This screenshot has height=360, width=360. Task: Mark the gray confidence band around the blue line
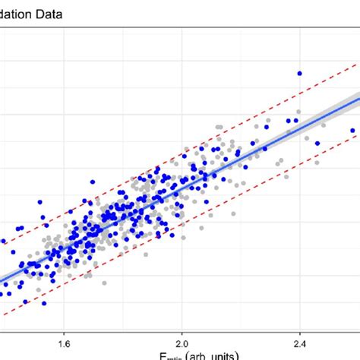334,106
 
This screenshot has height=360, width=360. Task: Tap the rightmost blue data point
352,131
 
